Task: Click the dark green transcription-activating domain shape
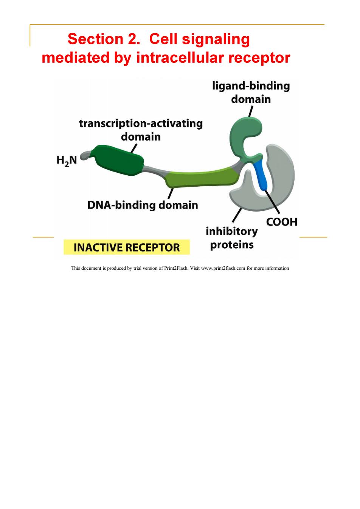click(x=118, y=160)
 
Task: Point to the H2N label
click(x=67, y=161)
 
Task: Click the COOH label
click(x=282, y=222)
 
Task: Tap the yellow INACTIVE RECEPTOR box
click(x=127, y=247)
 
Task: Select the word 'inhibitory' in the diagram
click(x=232, y=232)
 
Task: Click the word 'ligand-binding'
click(x=251, y=87)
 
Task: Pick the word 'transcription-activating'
click(x=141, y=124)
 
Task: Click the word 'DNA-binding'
click(x=121, y=205)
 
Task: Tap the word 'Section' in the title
click(x=95, y=39)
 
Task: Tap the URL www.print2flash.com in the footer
click(x=223, y=268)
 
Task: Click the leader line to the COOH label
click(x=272, y=202)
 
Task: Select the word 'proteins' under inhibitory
click(x=232, y=245)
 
